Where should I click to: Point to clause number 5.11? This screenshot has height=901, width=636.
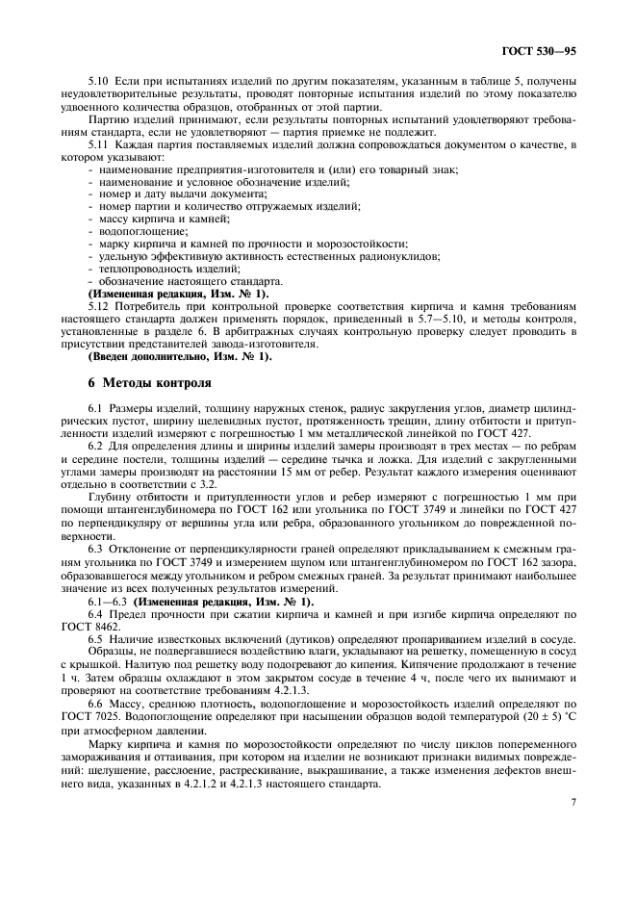pos(99,144)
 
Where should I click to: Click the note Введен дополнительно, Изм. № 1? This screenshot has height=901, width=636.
pos(180,356)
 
